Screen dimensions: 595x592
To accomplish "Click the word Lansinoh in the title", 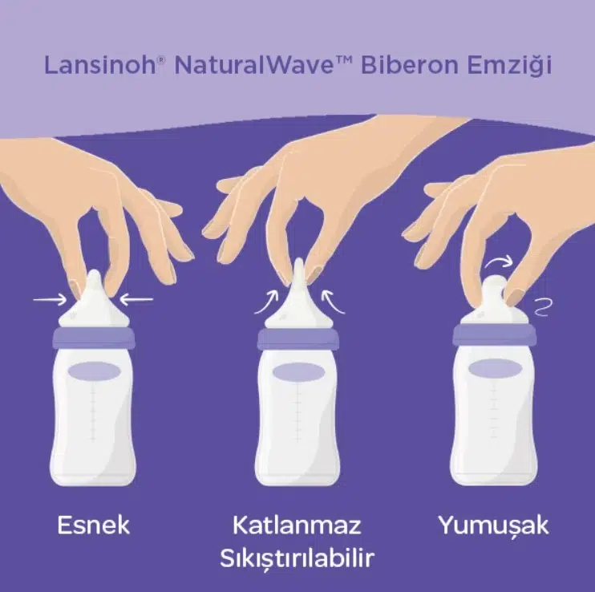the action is pyautogui.click(x=99, y=65).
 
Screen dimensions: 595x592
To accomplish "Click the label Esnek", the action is pyautogui.click(x=93, y=525).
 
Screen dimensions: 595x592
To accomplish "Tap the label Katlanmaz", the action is pyautogui.click(x=297, y=525).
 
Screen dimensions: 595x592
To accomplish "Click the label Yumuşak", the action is pyautogui.click(x=494, y=526).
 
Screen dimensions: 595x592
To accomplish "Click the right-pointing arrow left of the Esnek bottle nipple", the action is pyautogui.click(x=50, y=300).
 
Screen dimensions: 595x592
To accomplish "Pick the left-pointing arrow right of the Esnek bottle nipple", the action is pyautogui.click(x=136, y=299).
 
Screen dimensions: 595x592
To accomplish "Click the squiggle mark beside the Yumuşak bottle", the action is pyautogui.click(x=543, y=307).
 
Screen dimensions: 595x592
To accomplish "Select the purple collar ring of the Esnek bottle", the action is pyautogui.click(x=94, y=338).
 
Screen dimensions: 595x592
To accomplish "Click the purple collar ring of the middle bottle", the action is pyautogui.click(x=297, y=339).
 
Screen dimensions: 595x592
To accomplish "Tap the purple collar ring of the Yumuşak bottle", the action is pyautogui.click(x=494, y=334).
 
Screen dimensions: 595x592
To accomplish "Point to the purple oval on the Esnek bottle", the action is pyautogui.click(x=94, y=371).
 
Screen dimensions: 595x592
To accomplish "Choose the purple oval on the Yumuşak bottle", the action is pyautogui.click(x=494, y=368).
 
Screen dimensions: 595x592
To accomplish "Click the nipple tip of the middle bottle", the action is pyautogui.click(x=299, y=261).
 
